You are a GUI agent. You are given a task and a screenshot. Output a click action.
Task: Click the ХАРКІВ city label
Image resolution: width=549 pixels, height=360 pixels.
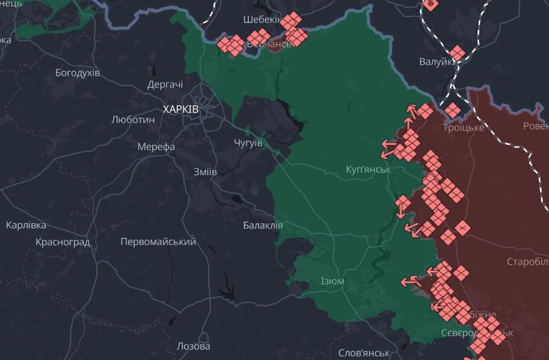[x=180, y=109]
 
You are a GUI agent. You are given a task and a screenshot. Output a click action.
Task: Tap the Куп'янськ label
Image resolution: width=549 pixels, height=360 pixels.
[x=368, y=169]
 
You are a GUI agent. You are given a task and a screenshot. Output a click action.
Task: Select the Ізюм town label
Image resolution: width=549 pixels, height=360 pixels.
[x=333, y=281]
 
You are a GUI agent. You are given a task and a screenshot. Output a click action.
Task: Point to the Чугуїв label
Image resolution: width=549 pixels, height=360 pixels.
[x=248, y=142]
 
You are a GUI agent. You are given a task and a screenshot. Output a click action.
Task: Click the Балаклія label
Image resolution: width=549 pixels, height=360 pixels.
[x=263, y=225]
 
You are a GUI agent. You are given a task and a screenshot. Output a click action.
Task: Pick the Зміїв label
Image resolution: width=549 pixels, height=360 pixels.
[x=204, y=172]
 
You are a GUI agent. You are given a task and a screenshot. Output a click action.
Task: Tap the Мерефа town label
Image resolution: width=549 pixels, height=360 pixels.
[x=157, y=147]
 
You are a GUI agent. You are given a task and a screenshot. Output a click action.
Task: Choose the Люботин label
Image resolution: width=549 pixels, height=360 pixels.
[x=133, y=120]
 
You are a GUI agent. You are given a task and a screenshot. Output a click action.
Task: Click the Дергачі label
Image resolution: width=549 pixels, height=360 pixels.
[x=165, y=85]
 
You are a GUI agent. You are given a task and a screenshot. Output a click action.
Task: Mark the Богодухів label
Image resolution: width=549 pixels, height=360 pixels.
[x=78, y=73]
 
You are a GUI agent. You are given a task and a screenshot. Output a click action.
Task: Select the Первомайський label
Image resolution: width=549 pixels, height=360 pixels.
[x=158, y=241]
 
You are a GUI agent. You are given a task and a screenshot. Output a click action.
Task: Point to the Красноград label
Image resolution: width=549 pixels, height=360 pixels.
[x=63, y=242]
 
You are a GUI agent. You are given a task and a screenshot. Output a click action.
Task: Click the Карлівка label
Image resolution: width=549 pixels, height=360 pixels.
[x=26, y=225]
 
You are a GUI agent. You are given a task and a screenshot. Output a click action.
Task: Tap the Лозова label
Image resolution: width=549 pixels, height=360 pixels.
[x=193, y=346]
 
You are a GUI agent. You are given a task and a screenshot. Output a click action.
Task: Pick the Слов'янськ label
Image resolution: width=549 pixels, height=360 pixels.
[x=364, y=353]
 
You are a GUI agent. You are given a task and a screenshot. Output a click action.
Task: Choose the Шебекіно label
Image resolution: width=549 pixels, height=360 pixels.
[x=262, y=20]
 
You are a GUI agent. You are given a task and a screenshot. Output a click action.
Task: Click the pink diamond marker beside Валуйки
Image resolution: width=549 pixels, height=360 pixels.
[x=456, y=53]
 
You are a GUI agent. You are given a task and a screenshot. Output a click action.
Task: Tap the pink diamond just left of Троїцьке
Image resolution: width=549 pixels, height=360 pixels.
[x=452, y=111]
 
